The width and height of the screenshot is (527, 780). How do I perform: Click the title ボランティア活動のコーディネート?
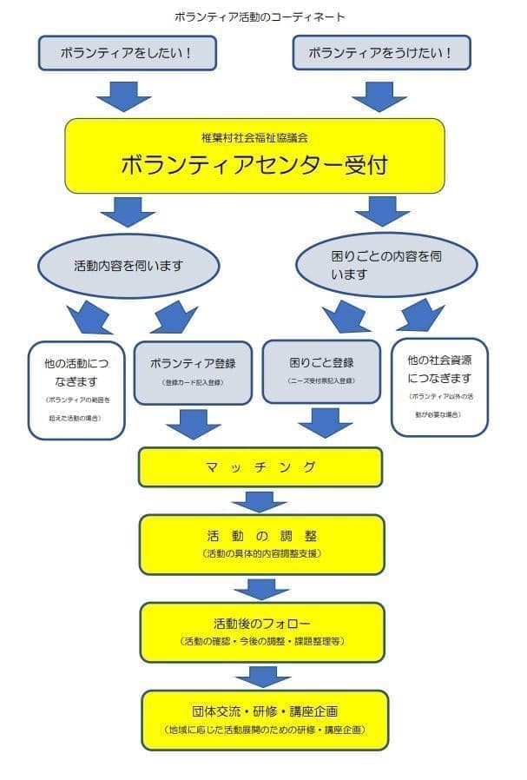pos(260,17)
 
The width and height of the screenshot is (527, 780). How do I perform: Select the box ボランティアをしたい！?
pos(127,53)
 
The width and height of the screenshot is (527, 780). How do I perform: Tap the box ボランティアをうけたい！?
pos(381,53)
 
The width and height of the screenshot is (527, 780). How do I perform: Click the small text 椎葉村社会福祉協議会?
pos(254,137)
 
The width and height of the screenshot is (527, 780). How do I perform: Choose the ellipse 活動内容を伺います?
pos(128,265)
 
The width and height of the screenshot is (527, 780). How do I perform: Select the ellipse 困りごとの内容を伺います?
pos(386,265)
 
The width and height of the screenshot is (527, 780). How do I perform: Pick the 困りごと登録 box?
pos(321,371)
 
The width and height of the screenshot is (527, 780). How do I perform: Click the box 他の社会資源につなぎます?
pos(439,386)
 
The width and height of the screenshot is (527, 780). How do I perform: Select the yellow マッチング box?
pos(260,467)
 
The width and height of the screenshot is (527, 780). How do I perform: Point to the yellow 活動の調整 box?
pos(261,544)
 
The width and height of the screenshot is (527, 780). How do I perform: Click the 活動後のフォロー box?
pos(261,631)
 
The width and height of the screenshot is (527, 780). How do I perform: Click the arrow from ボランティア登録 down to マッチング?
pos(193,424)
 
